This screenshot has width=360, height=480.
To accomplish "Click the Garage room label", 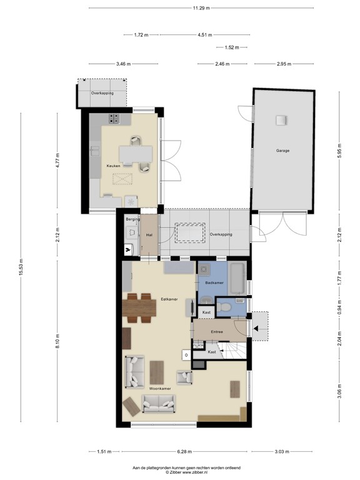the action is click(x=282, y=151).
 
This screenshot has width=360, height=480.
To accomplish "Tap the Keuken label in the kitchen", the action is click(x=113, y=166).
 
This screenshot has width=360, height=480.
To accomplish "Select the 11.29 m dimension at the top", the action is click(x=201, y=8).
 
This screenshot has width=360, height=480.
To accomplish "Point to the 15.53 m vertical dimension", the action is click(x=21, y=267).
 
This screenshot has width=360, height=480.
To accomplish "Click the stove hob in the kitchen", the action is click(x=114, y=119).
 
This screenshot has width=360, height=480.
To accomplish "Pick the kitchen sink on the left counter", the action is click(x=94, y=151).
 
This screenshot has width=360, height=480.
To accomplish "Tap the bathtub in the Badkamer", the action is click(x=237, y=279).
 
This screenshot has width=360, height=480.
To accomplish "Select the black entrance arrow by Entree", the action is click(x=256, y=329).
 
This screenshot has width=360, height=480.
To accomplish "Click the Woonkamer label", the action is click(x=160, y=389).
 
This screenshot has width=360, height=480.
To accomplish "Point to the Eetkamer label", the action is click(x=169, y=299).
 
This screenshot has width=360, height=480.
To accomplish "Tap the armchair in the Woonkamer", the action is click(x=184, y=377).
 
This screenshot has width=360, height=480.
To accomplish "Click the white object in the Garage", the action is click(x=282, y=120).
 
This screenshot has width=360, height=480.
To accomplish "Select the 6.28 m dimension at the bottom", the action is click(x=184, y=451).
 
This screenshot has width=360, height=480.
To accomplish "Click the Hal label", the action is click(x=149, y=235).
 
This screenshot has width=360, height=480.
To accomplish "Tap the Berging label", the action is click(x=133, y=219).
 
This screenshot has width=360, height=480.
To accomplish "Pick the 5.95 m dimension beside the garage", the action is click(x=339, y=151).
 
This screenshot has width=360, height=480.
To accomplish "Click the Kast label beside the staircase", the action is click(x=212, y=352).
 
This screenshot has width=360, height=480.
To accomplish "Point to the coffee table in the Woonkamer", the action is click(x=157, y=372).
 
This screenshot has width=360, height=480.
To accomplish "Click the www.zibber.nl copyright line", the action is click(x=186, y=472).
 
